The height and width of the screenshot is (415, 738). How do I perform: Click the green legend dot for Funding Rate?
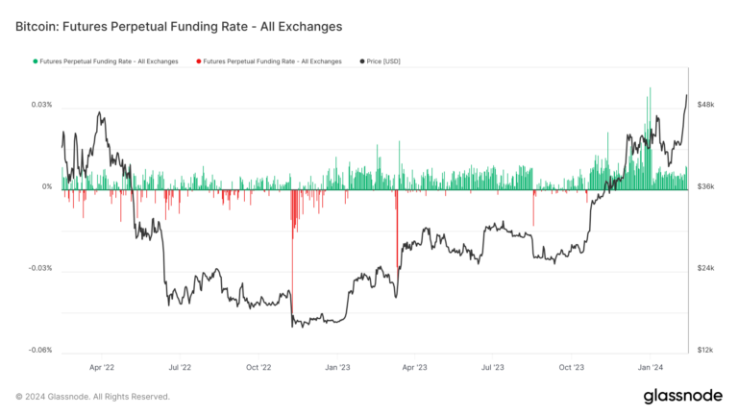[35, 61]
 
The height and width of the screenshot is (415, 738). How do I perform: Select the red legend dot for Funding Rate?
[197, 61]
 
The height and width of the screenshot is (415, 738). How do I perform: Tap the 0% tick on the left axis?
[46, 186]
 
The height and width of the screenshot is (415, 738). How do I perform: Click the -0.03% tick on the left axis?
[39, 268]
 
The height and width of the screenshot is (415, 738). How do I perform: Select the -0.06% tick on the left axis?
[39, 350]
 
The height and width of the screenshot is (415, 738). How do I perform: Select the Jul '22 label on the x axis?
[180, 367]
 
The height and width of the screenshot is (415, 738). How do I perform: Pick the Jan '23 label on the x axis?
[337, 367]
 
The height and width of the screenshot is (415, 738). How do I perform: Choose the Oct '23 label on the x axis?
[572, 367]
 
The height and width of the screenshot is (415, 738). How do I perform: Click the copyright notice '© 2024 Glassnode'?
[92, 396]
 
